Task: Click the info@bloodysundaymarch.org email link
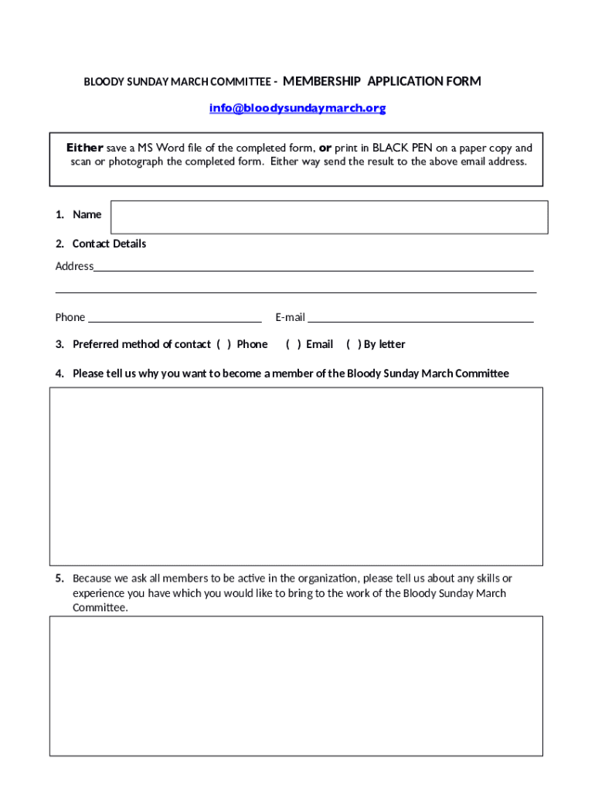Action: (297, 108)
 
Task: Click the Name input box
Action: (329, 217)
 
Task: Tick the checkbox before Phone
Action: (224, 344)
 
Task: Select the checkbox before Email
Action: (294, 344)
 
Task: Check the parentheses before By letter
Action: (354, 344)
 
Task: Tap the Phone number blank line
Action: (175, 318)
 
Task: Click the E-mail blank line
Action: (420, 318)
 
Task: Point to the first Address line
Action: (313, 268)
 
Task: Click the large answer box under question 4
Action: (296, 476)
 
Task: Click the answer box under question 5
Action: (296, 685)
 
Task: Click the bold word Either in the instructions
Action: (84, 148)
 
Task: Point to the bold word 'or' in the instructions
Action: (325, 148)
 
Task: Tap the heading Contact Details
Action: (109, 244)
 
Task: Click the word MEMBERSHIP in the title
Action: (321, 81)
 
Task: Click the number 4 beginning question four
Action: (59, 374)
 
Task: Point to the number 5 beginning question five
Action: (59, 579)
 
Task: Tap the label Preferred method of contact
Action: (141, 344)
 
